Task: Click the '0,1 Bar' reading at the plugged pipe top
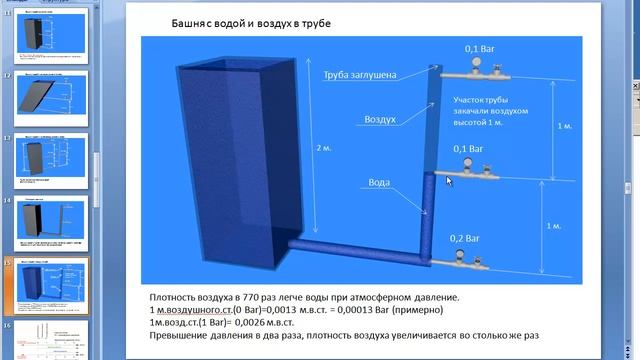tap(468, 48)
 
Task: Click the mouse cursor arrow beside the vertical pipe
tap(449, 181)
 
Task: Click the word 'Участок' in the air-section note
tap(473, 101)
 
